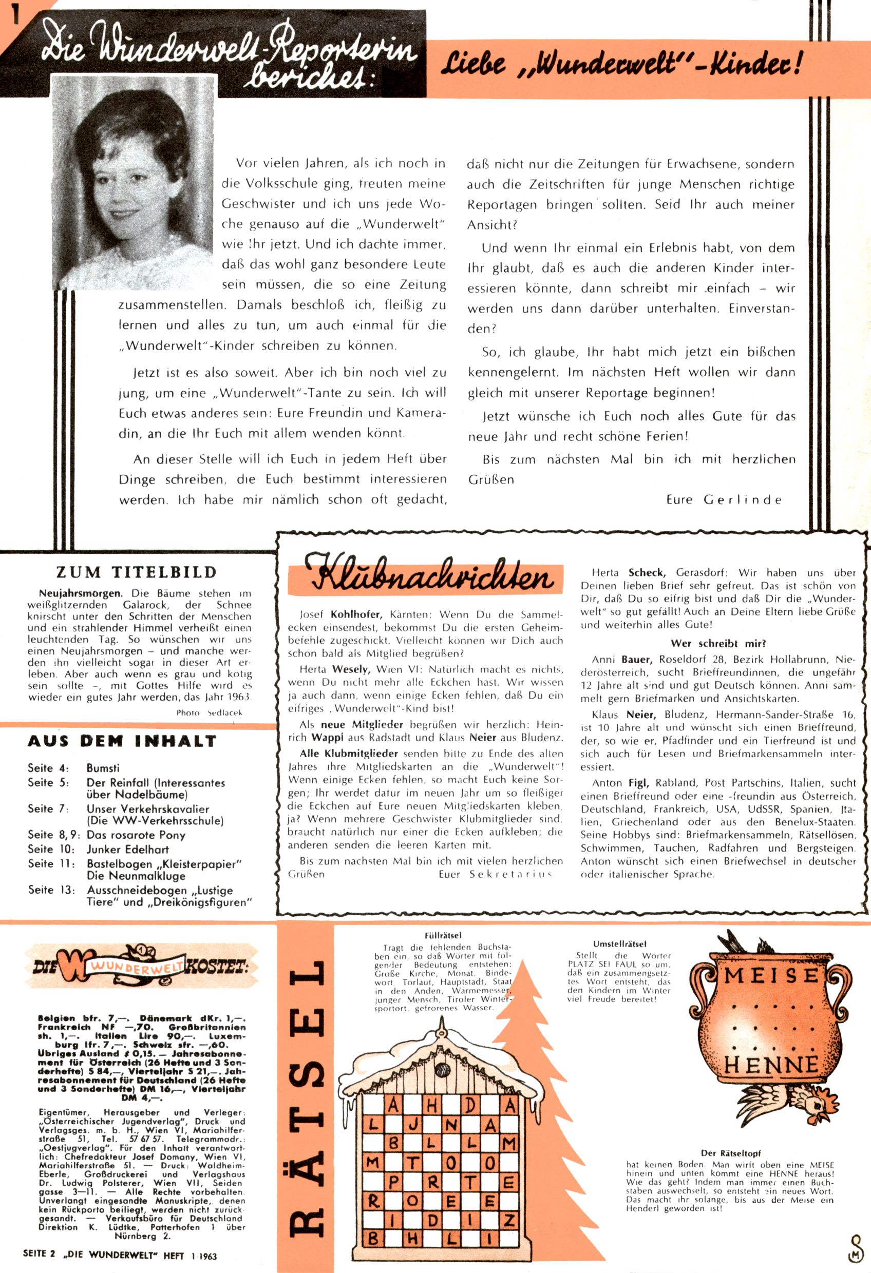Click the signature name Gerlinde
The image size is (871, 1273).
[743, 499]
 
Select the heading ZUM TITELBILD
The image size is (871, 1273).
[137, 572]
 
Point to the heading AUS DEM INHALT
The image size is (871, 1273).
[122, 741]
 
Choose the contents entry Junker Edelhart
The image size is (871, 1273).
[128, 850]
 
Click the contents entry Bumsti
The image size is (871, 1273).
[103, 768]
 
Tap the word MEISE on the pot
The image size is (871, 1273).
[771, 976]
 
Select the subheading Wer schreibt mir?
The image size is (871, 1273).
[718, 644]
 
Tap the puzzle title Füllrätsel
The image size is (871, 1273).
[443, 936]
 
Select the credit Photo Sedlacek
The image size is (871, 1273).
[209, 712]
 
